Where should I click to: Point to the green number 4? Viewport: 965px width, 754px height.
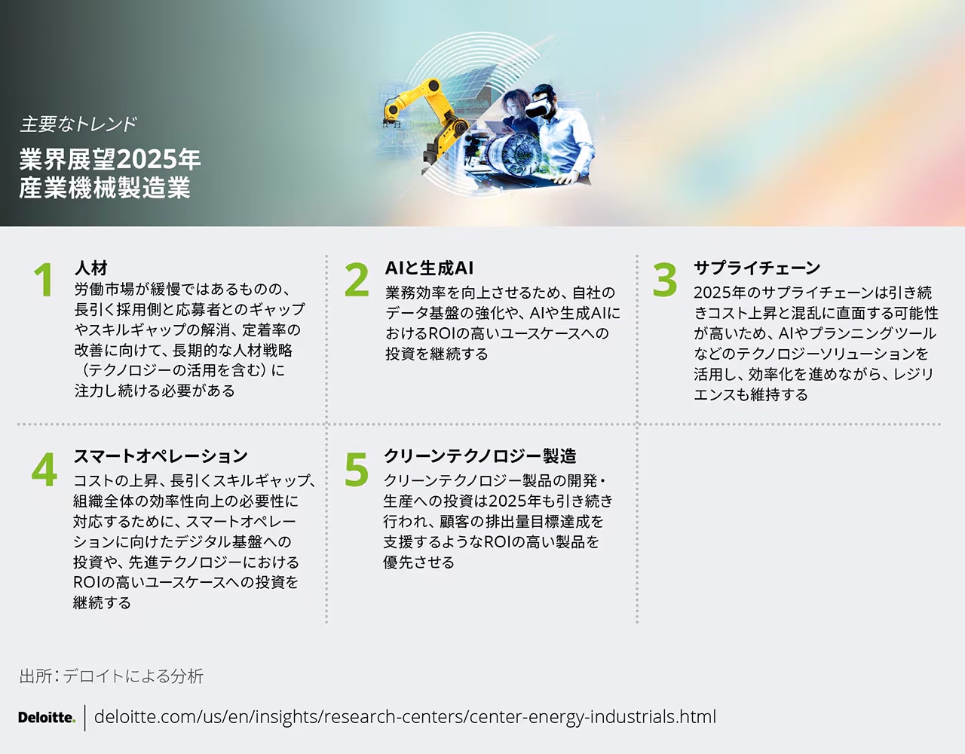click(x=44, y=469)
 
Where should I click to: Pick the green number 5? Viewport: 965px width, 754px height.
click(x=357, y=469)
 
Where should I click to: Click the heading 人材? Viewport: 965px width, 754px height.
click(x=91, y=268)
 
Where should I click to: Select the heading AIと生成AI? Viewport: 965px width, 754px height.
click(x=429, y=268)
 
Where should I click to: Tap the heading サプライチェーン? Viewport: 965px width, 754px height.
click(x=757, y=268)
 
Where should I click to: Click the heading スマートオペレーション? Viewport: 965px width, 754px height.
click(x=161, y=456)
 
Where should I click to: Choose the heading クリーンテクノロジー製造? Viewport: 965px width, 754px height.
click(x=480, y=456)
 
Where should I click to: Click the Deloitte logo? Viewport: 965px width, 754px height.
click(x=47, y=717)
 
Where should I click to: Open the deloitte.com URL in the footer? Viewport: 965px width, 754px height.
click(x=405, y=717)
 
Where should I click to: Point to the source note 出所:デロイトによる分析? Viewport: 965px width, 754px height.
click(x=111, y=676)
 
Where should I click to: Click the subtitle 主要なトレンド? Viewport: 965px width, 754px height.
click(x=78, y=124)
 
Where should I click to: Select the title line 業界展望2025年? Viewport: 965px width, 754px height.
click(x=109, y=160)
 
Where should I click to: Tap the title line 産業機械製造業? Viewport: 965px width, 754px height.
click(x=104, y=188)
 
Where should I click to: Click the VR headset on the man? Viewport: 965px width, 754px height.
click(x=538, y=106)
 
